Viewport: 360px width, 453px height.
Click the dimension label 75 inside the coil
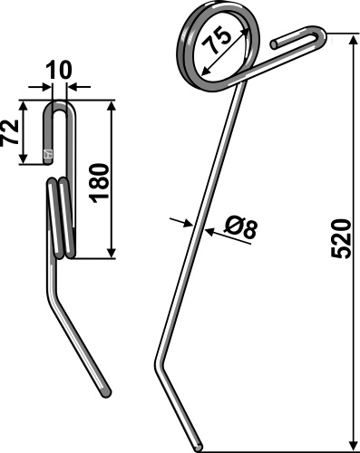pyautogui.click(x=217, y=40)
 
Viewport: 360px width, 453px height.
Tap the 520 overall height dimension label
pyautogui.click(x=341, y=239)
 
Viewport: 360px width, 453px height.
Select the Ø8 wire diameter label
pyautogui.click(x=240, y=228)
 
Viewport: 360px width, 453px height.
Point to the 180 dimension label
pyautogui.click(x=99, y=183)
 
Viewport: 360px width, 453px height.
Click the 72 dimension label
pyautogui.click(x=9, y=132)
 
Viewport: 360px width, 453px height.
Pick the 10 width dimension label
pyautogui.click(x=59, y=70)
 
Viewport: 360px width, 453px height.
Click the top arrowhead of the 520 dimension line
pyautogui.click(x=353, y=39)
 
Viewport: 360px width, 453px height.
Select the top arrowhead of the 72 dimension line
pyautogui.click(x=23, y=106)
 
